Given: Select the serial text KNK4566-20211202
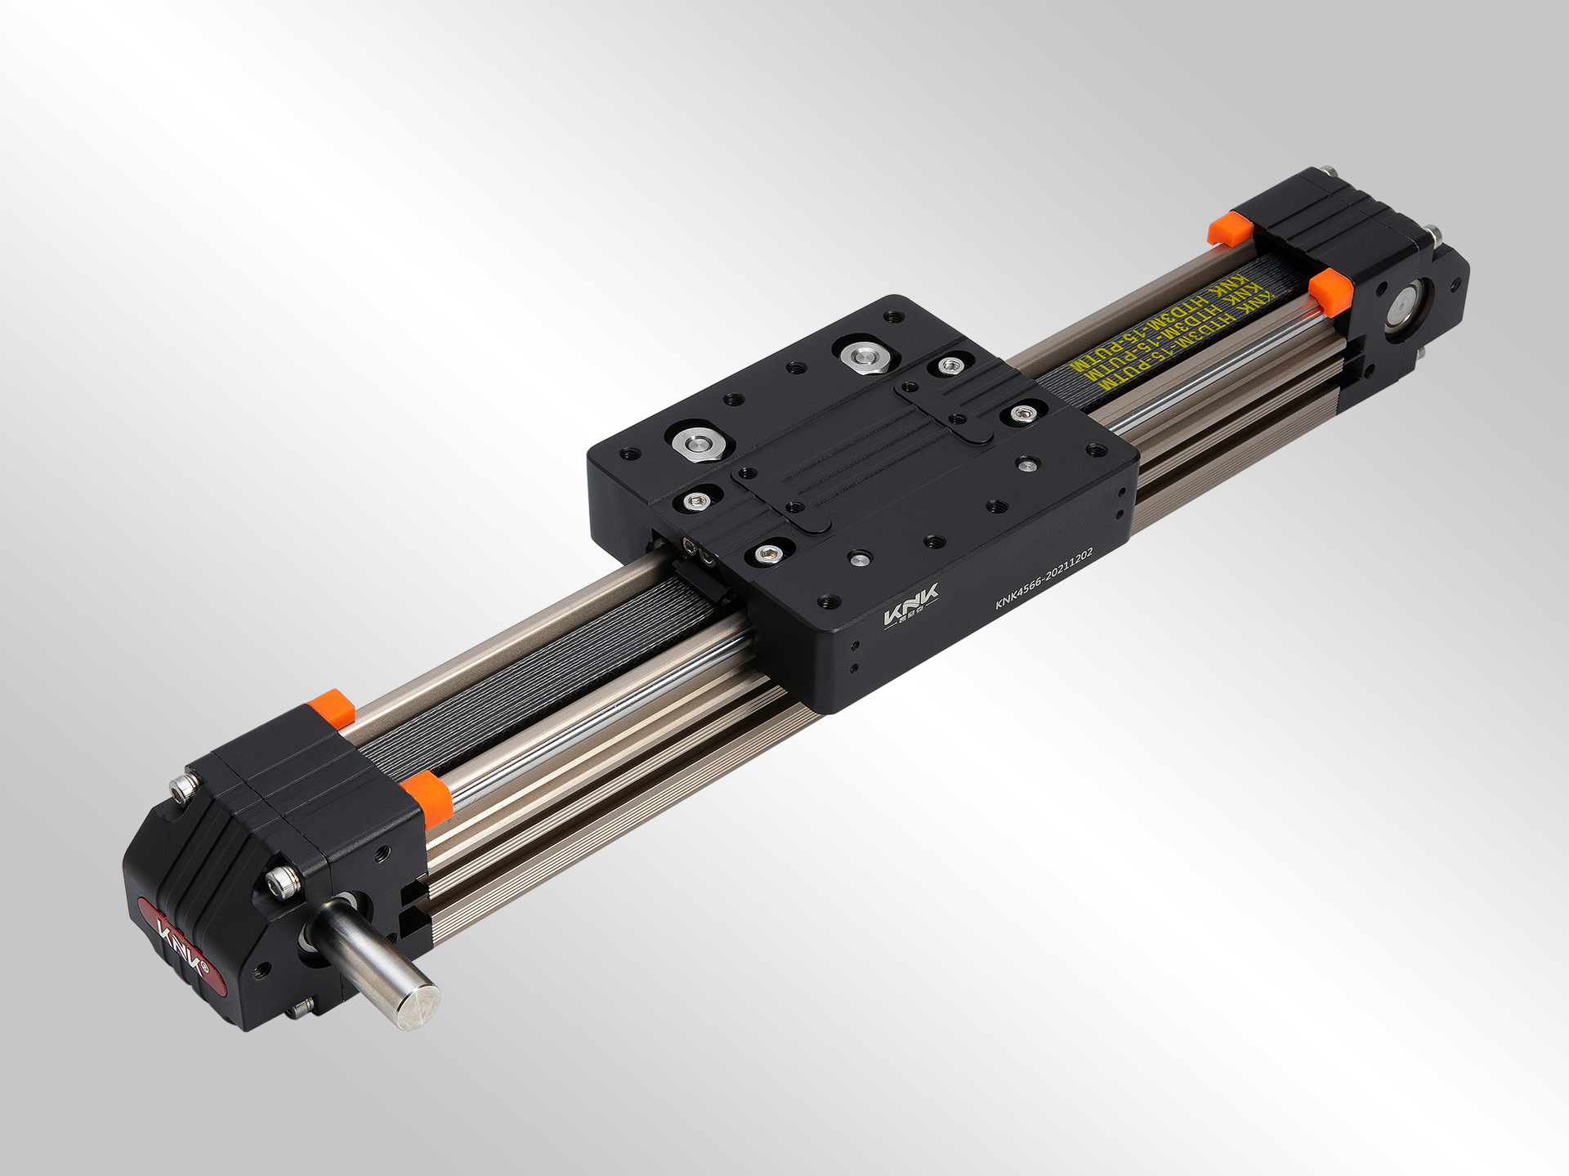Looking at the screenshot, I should (1044, 579).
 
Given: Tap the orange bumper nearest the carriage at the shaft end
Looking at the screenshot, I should (426, 797).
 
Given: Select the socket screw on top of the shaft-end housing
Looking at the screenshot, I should (185, 787).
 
